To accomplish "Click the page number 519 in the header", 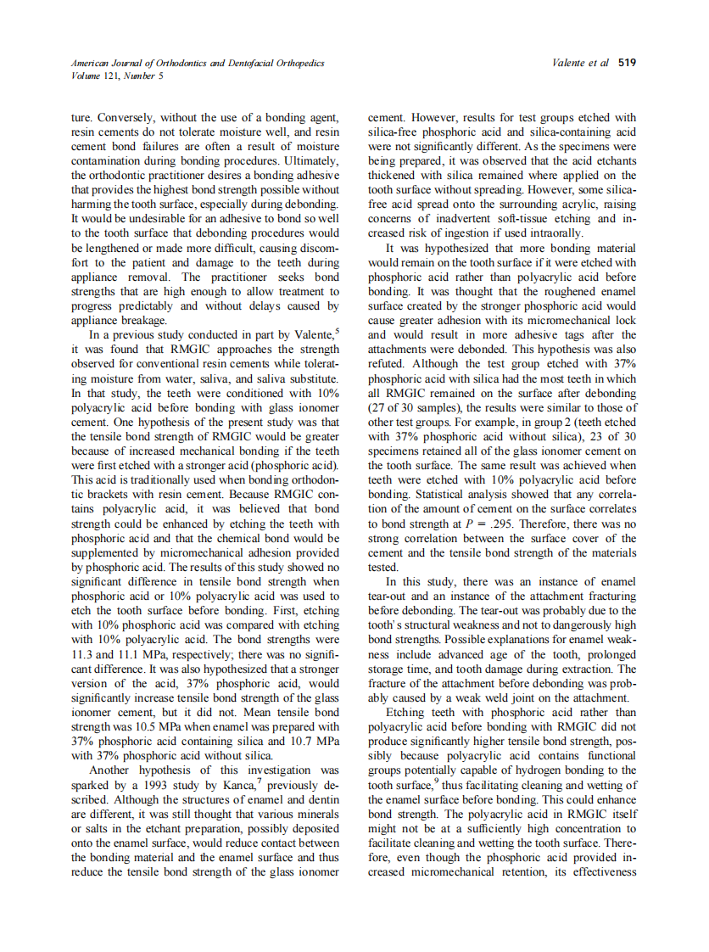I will coord(628,63).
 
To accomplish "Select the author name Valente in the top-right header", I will coord(570,63).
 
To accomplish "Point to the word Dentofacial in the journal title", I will coord(241,63).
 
